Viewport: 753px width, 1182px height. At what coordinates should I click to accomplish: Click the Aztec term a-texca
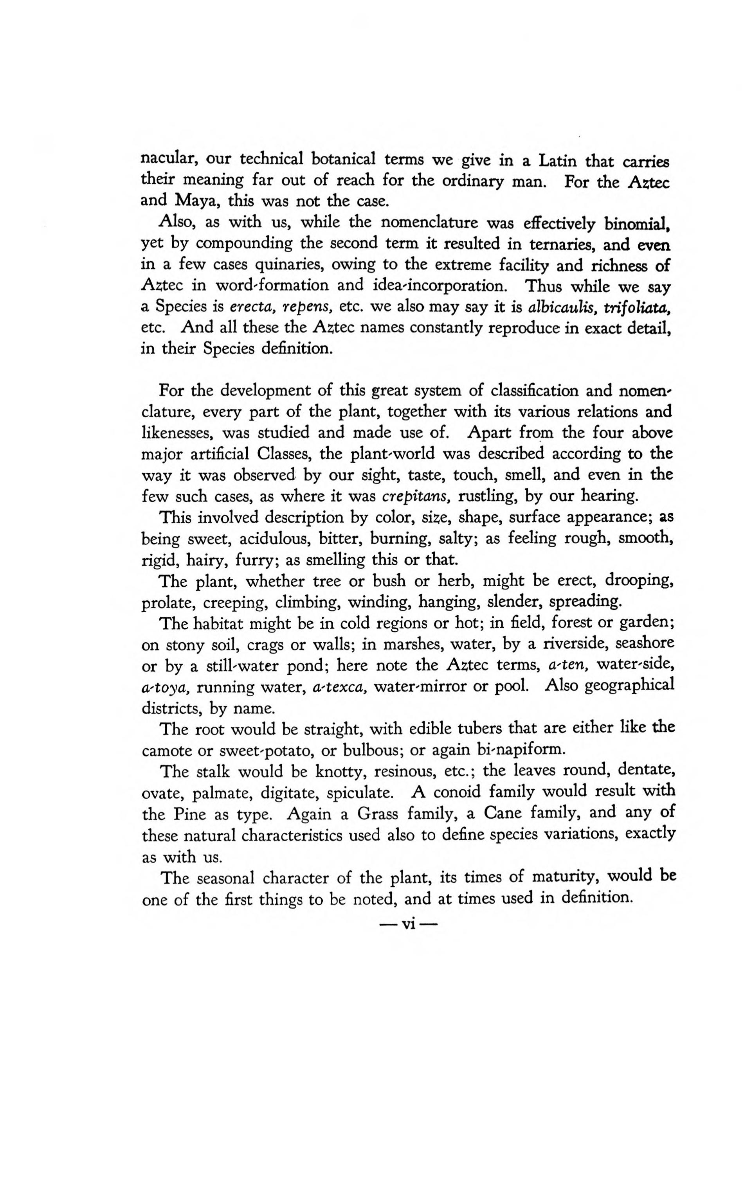tap(340, 687)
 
